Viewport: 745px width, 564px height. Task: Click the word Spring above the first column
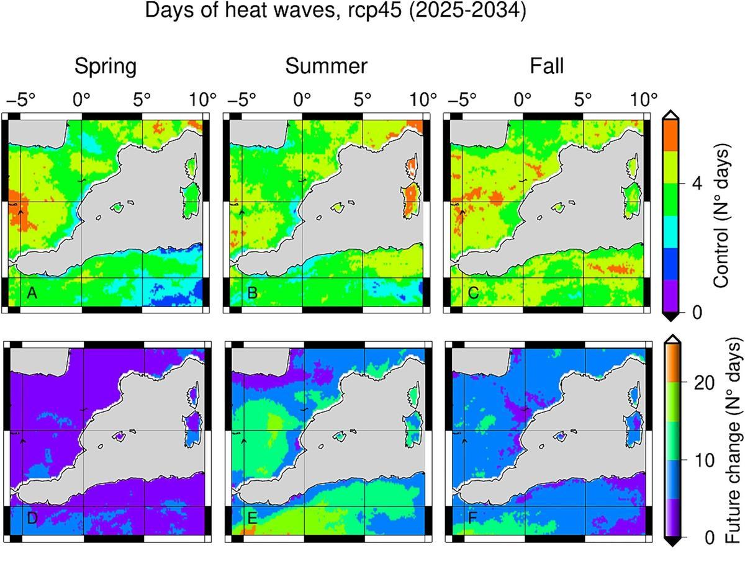click(x=106, y=66)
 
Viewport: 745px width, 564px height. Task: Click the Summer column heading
click(x=326, y=66)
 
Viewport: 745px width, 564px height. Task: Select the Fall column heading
click(x=547, y=66)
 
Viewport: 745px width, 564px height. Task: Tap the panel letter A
click(x=32, y=293)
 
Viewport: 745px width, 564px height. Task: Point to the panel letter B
click(x=253, y=293)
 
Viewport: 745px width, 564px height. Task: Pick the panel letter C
click(x=473, y=293)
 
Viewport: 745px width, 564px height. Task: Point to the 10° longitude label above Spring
click(x=202, y=99)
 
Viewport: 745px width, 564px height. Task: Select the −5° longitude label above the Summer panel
click(x=241, y=99)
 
